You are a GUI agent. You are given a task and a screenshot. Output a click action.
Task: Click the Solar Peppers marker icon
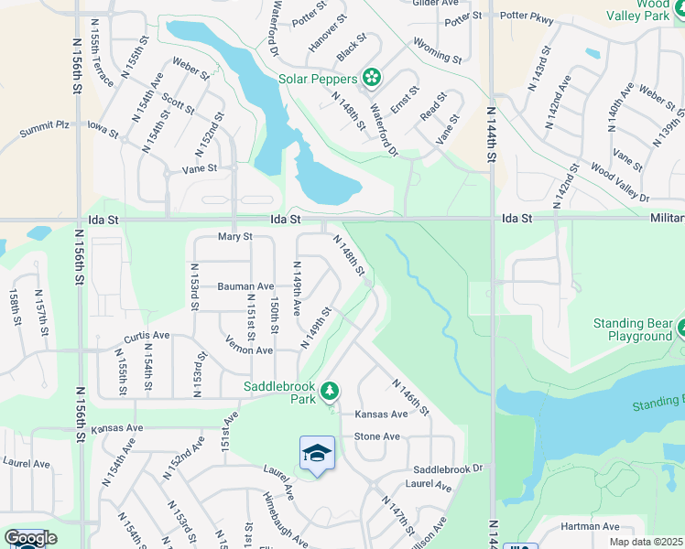tap(371, 79)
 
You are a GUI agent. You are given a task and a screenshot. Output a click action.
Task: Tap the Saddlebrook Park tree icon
tap(330, 393)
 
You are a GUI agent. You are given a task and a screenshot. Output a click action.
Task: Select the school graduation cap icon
tap(317, 453)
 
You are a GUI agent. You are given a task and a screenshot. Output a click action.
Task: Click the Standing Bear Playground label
tap(633, 329)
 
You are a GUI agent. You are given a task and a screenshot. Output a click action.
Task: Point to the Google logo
tap(29, 538)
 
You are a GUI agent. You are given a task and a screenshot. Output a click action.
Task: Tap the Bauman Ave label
tap(245, 286)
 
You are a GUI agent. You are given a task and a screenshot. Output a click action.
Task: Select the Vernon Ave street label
tap(249, 350)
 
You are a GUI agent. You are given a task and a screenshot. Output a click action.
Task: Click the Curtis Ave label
tap(147, 336)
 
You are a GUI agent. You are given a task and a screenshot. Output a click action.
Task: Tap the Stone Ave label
tap(376, 436)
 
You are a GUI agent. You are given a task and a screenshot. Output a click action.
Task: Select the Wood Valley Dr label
tap(620, 184)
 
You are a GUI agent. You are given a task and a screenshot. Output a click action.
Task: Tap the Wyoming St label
tap(438, 51)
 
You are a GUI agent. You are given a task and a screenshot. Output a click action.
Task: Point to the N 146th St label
tap(410, 396)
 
